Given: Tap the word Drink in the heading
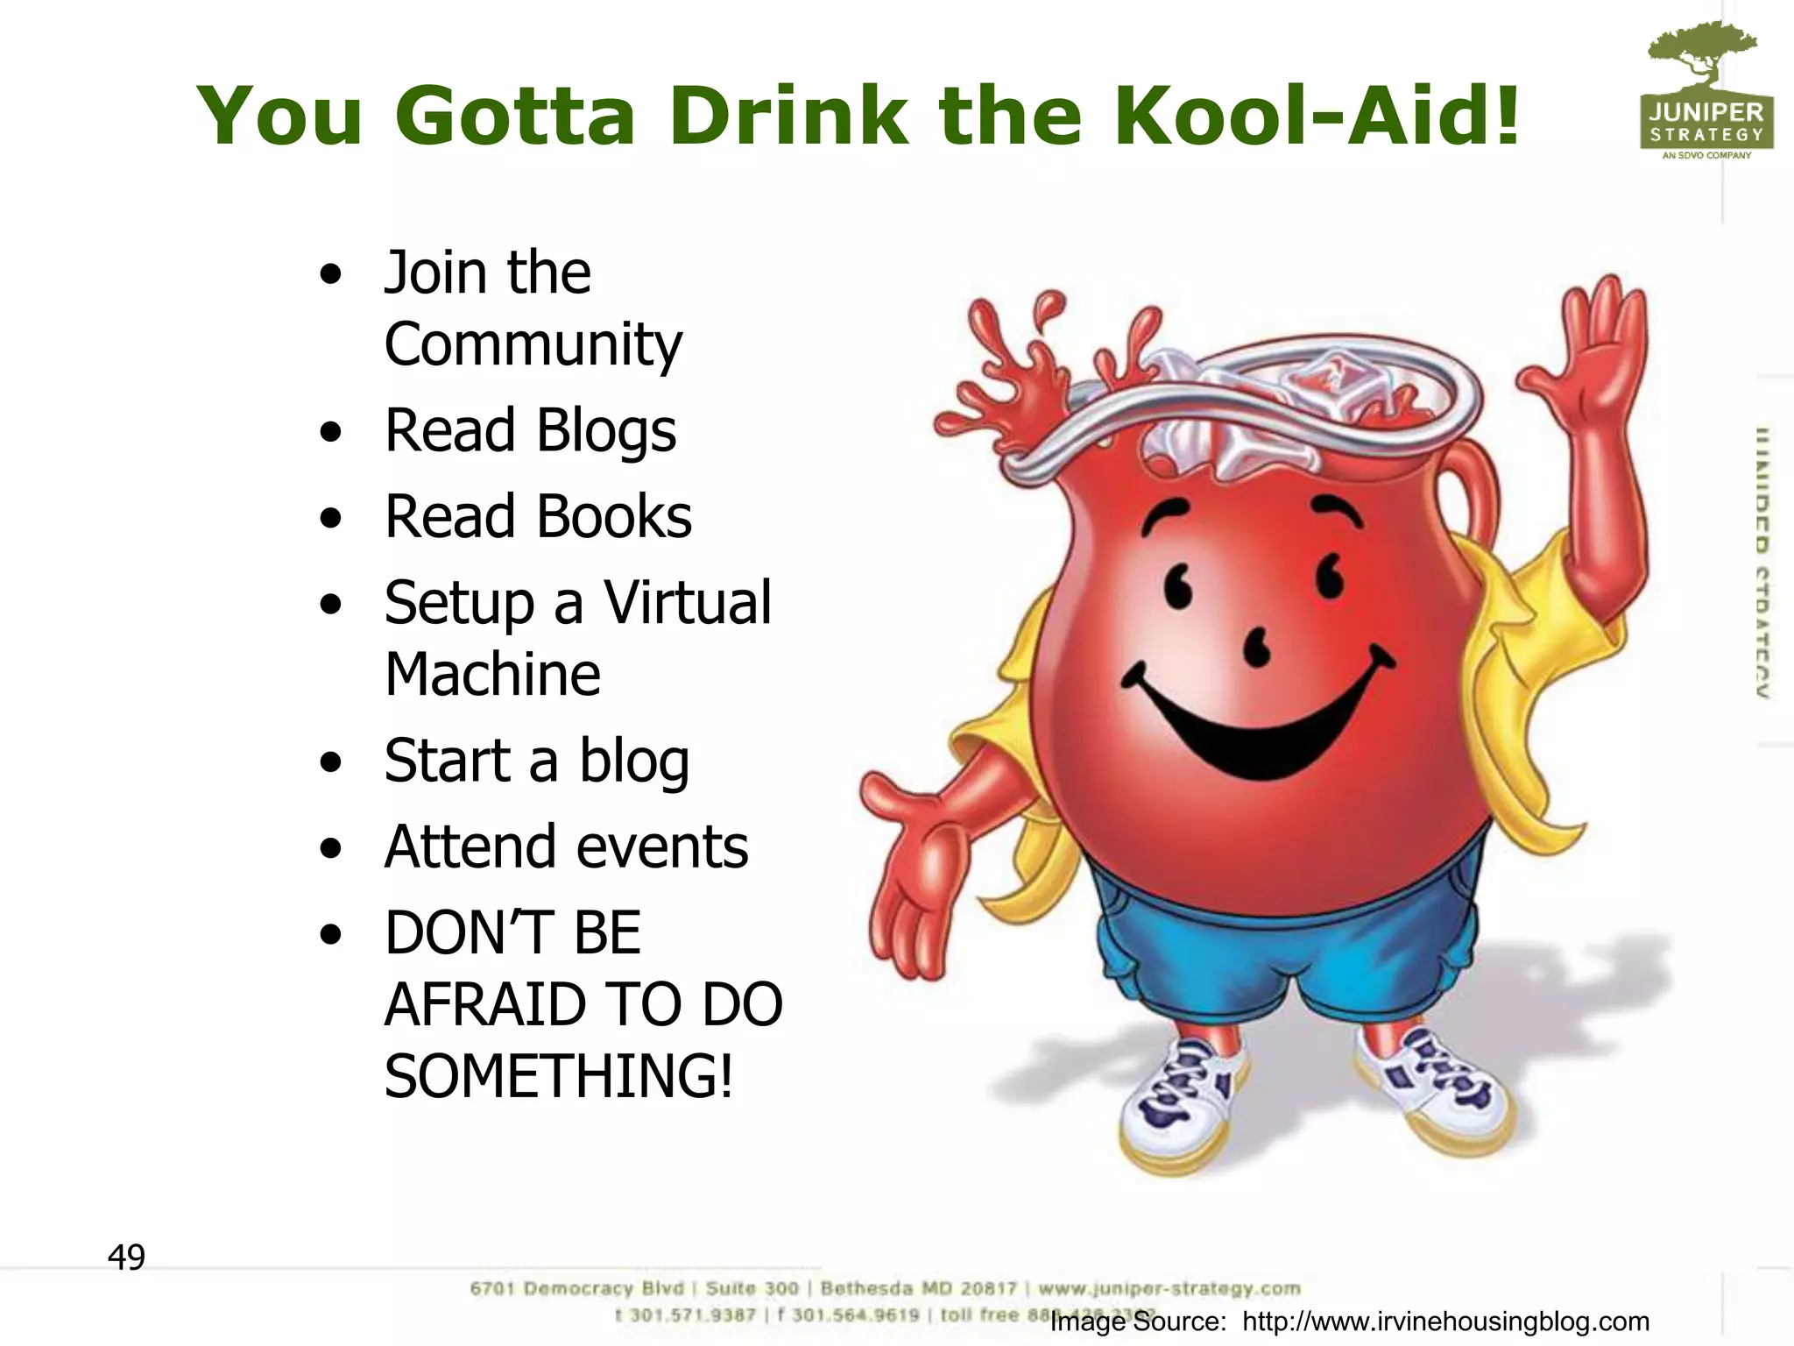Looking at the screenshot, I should tap(788, 116).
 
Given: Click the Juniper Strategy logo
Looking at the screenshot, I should tap(1706, 92).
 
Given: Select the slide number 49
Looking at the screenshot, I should tap(126, 1257).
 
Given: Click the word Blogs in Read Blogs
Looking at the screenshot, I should tap(605, 431).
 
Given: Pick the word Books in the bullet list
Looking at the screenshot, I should tap(614, 517).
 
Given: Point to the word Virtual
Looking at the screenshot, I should tap(688, 603).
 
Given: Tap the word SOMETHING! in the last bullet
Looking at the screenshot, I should tap(558, 1076).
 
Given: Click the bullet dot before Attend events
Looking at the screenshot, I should tap(330, 848).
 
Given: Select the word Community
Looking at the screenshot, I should tap(533, 345).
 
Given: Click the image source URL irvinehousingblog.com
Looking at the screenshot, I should tap(1445, 1321).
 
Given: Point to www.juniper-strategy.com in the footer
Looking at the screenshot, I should tap(1169, 1288).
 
